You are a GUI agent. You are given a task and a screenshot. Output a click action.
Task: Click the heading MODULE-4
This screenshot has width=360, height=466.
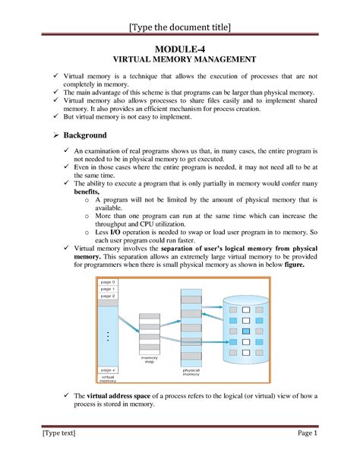179,49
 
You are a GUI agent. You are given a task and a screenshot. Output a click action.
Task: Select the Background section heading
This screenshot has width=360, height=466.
84,135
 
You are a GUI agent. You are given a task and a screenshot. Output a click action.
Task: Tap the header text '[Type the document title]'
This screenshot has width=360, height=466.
179,28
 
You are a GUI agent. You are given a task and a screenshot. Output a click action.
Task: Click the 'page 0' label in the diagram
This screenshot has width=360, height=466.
108,281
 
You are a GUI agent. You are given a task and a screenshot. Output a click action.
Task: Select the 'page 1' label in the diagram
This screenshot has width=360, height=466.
108,289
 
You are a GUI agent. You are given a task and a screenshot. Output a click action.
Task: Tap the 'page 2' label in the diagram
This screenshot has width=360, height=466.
108,296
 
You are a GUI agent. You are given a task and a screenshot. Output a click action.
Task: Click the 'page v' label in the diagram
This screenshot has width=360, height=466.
108,370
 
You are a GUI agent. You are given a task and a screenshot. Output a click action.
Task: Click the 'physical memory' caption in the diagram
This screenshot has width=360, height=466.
191,372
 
